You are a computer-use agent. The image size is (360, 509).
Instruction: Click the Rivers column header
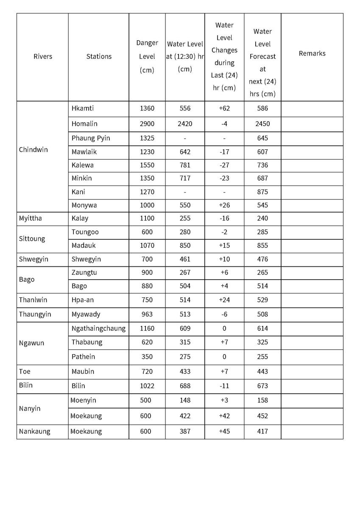[x=42, y=56]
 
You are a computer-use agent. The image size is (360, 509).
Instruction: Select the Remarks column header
[x=312, y=53]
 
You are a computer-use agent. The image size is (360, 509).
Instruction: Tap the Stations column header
[x=99, y=56]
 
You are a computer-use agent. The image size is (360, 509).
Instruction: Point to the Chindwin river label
[x=33, y=150]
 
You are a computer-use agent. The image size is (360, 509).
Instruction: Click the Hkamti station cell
[x=83, y=108]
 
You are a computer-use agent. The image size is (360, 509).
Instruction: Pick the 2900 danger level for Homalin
[x=147, y=124]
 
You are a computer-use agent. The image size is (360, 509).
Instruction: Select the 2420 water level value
[x=185, y=124]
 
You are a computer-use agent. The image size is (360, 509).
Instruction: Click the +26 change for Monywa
[x=224, y=205]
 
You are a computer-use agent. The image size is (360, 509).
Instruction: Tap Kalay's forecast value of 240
[x=262, y=218]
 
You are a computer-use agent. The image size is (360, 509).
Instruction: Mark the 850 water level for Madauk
[x=185, y=246]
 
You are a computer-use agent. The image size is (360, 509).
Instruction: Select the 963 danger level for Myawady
[x=147, y=314]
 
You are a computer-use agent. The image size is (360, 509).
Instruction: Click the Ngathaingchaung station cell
[x=98, y=328]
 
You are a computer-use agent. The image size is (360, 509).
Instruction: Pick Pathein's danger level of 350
[x=147, y=357]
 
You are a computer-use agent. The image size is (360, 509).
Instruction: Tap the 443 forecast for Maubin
[x=262, y=372]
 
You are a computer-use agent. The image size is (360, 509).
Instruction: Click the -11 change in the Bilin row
[x=224, y=386]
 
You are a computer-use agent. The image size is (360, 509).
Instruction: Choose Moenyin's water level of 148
[x=185, y=400]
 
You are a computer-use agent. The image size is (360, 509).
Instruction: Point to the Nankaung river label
[x=34, y=431]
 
